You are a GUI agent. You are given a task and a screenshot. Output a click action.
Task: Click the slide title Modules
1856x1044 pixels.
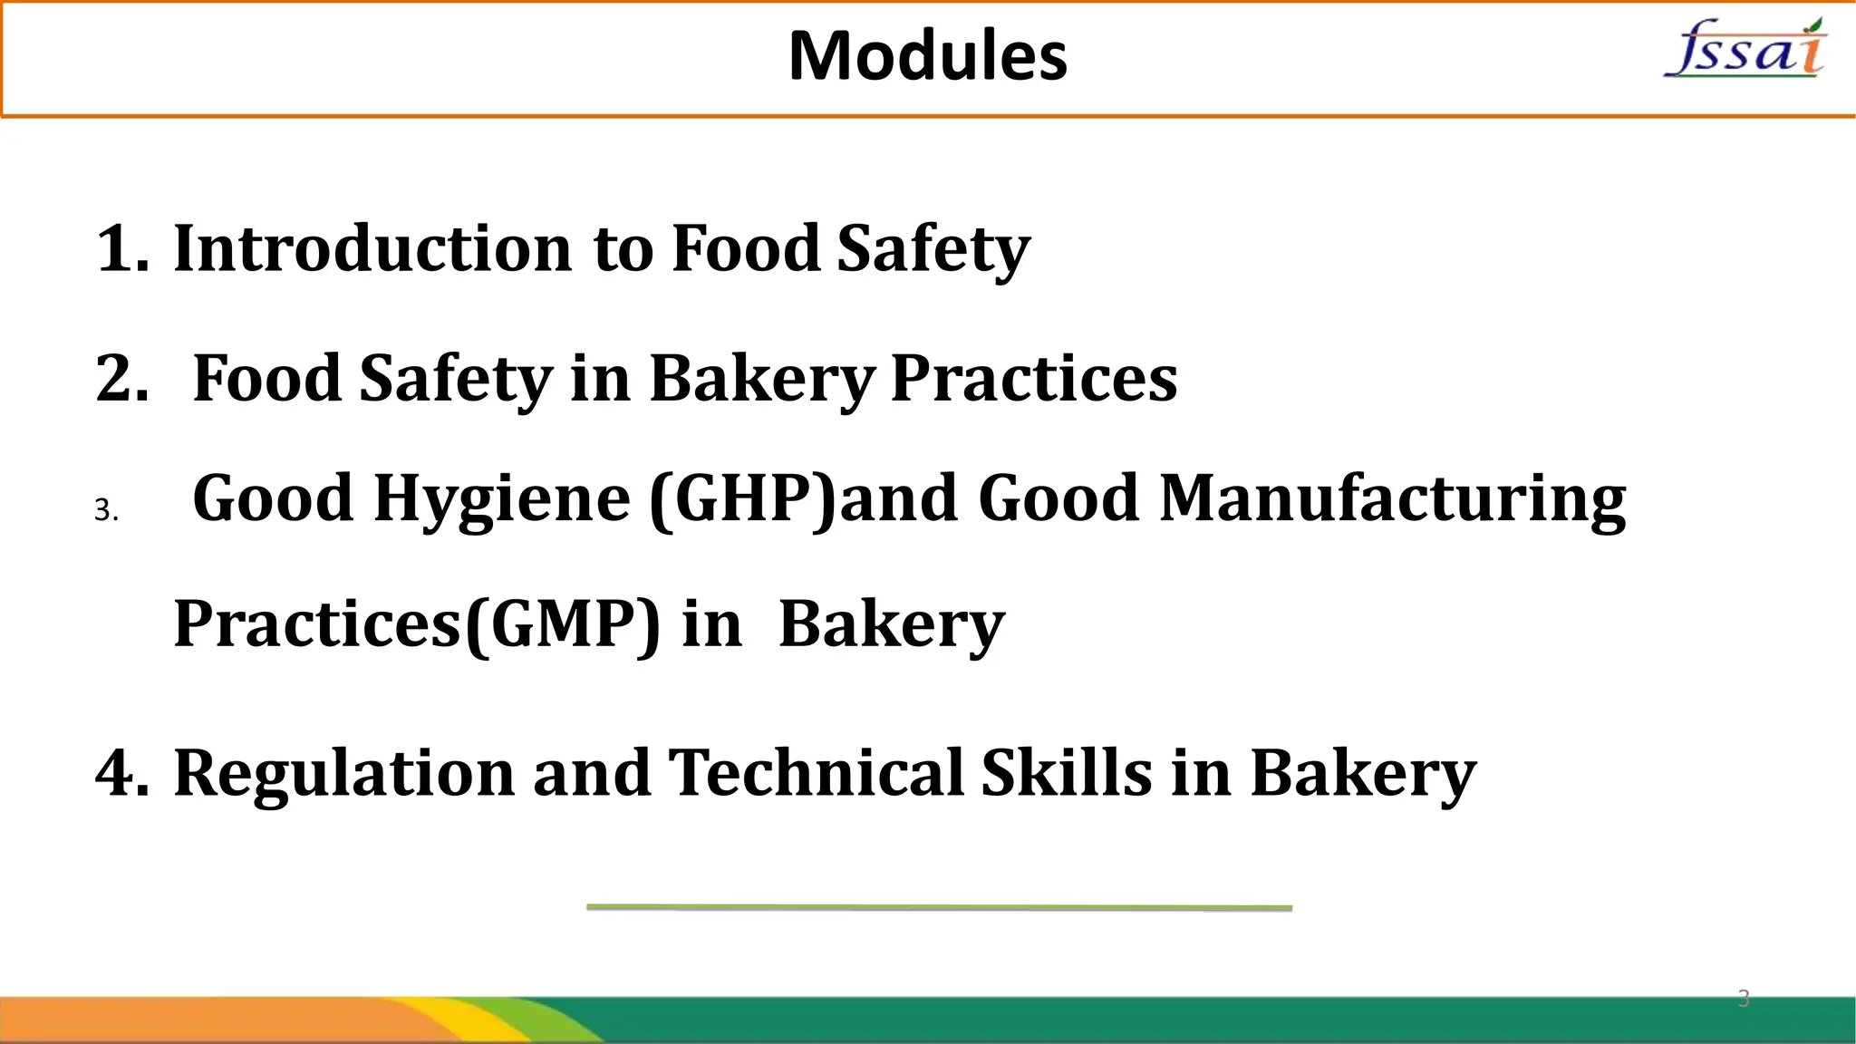928,56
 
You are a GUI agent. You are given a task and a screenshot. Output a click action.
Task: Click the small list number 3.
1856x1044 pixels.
106,511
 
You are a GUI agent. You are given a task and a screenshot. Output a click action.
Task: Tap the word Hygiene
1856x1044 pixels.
502,499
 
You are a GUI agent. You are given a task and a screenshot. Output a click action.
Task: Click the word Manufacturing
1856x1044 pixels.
1393,499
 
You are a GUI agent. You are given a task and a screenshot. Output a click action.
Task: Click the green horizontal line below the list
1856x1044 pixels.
939,907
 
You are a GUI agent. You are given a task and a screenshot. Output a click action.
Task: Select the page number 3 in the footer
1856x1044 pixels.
1743,999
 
